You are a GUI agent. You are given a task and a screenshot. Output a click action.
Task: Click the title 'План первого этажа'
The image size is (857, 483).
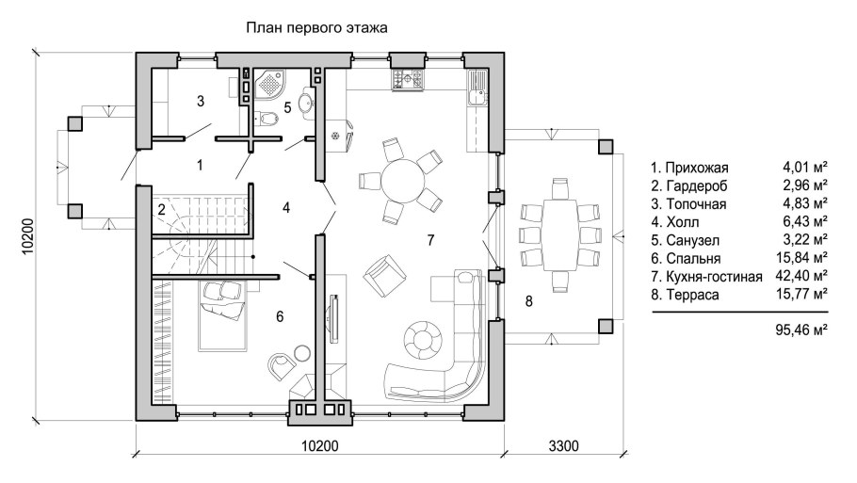click(x=316, y=29)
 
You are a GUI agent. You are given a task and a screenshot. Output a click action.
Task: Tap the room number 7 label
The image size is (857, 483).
click(x=429, y=240)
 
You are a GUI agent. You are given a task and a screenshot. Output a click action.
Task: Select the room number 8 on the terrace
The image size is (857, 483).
click(x=528, y=301)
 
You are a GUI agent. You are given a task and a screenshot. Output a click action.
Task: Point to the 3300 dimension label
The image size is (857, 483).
click(x=562, y=444)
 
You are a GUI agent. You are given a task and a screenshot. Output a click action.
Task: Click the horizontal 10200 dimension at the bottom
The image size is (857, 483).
click(x=320, y=444)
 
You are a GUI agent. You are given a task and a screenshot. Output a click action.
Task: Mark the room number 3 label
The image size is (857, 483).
click(x=201, y=101)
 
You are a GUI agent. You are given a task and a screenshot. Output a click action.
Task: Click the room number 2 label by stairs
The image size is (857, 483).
click(x=162, y=209)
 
